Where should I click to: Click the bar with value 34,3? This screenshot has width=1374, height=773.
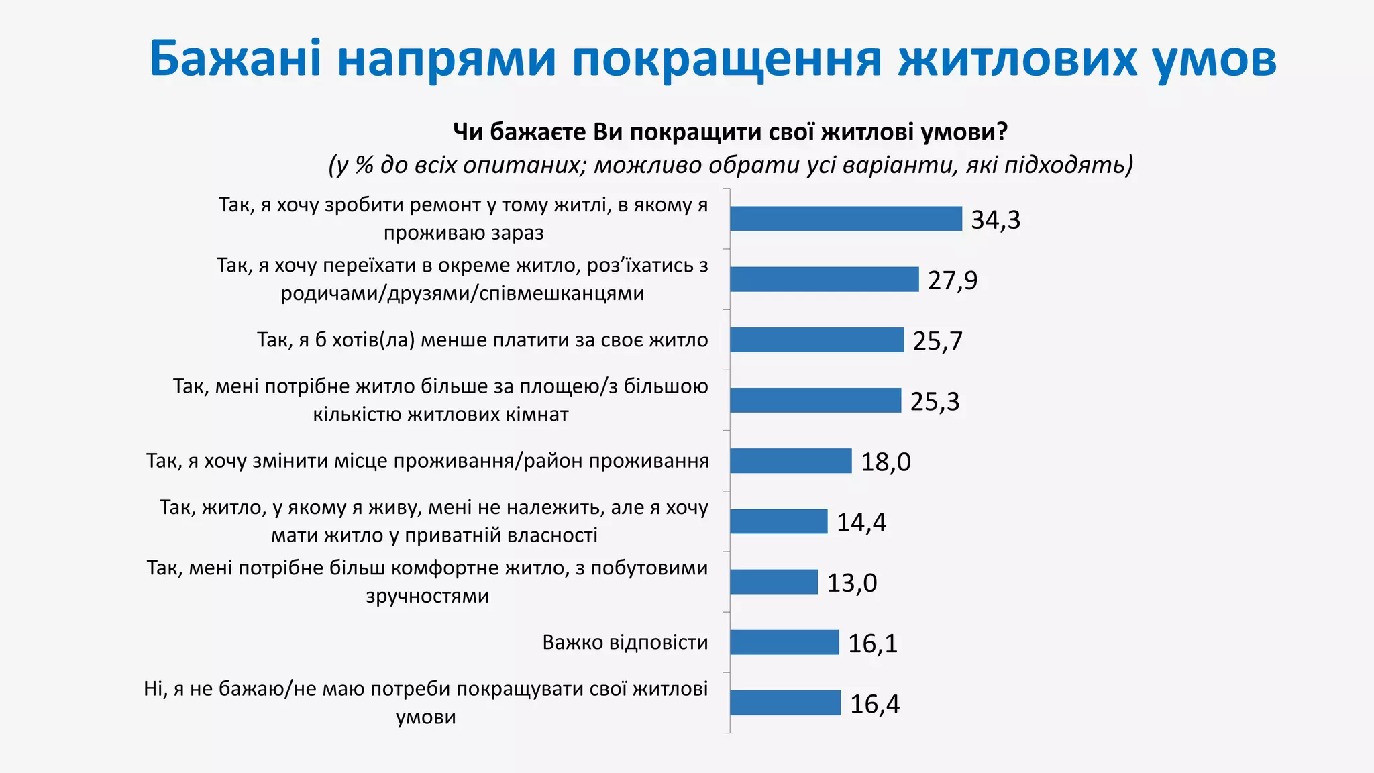point(845,219)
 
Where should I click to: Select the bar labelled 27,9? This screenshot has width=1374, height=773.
point(824,279)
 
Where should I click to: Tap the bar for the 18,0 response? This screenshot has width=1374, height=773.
point(790,461)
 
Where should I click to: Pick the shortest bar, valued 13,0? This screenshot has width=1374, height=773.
point(774,582)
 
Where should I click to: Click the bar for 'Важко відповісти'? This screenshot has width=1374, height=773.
point(784,642)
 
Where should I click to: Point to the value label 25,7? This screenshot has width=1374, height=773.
point(937,341)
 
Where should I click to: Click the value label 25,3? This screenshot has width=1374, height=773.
point(935,401)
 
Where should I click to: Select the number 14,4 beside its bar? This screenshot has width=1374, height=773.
point(861,522)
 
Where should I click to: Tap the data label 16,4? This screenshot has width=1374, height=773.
point(874,703)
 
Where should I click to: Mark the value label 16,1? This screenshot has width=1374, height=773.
point(872,643)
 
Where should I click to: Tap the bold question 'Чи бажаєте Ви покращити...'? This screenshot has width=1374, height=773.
point(730,132)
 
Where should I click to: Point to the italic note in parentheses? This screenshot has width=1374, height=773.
point(730,164)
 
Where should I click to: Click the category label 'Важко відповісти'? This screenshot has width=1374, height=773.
point(625,642)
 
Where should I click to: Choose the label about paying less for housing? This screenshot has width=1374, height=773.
point(482,340)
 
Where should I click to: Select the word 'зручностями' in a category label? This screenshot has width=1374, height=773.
point(427,596)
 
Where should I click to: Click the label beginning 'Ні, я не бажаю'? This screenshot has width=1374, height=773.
point(425,689)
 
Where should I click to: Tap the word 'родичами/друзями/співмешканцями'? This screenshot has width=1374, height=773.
point(462,293)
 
